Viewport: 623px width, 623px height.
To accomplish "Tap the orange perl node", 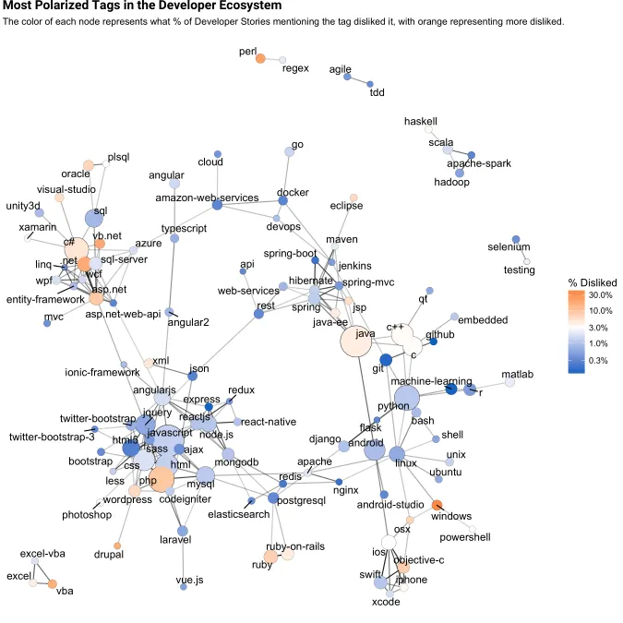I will (260, 59).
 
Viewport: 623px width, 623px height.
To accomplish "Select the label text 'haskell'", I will (420, 121).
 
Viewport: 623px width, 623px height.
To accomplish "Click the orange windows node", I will (437, 504).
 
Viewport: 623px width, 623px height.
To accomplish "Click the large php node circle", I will (161, 479).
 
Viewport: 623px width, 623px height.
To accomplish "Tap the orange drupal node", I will (117, 545).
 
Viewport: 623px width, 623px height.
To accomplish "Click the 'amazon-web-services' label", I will (207, 198).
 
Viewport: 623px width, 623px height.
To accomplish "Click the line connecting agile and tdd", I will (359, 80).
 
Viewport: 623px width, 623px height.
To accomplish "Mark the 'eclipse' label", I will (346, 206).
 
